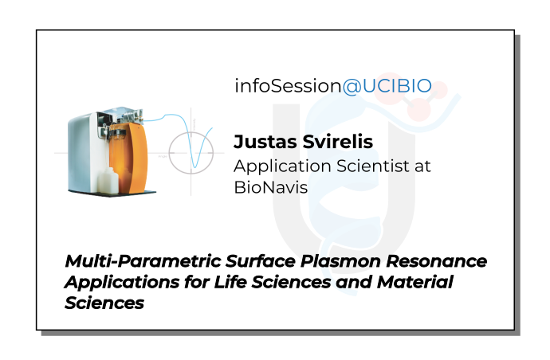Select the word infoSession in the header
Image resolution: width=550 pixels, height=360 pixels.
tap(288, 87)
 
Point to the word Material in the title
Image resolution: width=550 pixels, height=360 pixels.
tap(415, 282)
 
